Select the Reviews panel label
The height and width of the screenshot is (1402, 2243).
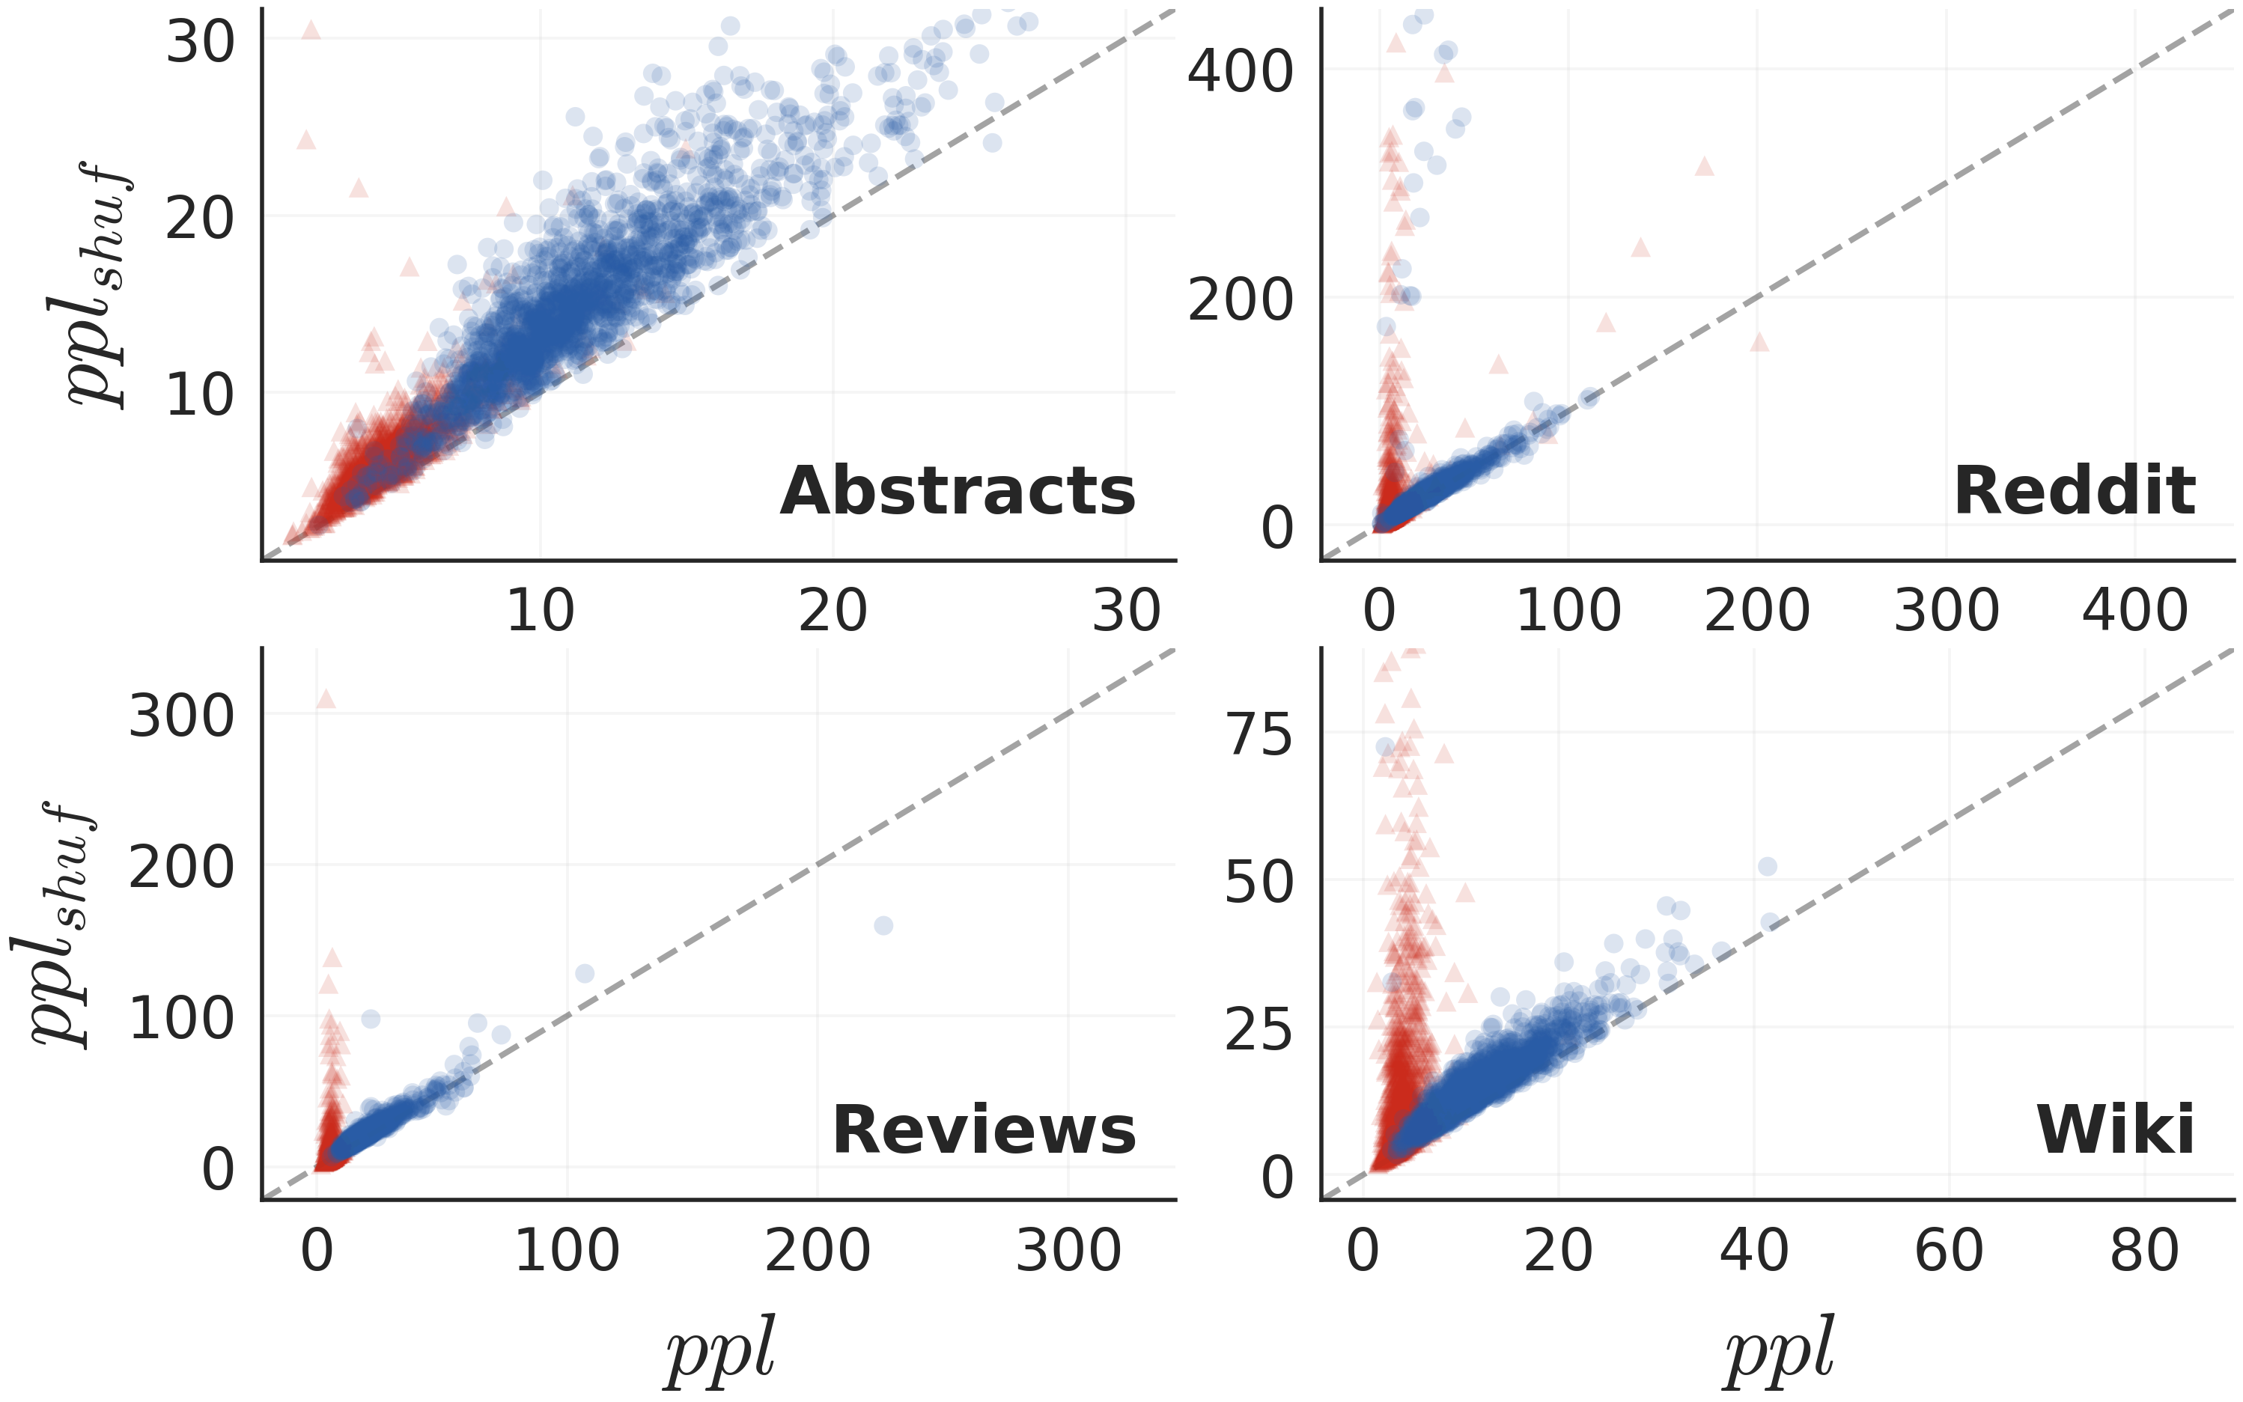pos(984,1130)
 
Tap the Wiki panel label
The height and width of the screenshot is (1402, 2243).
pos(2115,1130)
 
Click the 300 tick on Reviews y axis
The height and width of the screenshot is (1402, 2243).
pos(182,717)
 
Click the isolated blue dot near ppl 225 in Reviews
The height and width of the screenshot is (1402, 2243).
pos(883,925)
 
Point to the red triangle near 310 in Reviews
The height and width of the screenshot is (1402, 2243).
pos(326,698)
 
